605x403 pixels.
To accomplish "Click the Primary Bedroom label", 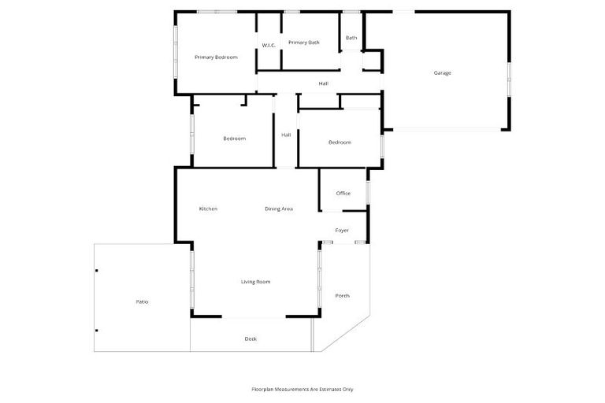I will pyautogui.click(x=216, y=57).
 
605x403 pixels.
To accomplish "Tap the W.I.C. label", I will pyautogui.click(x=269, y=46).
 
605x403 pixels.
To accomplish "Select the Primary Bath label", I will pyautogui.click(x=303, y=43).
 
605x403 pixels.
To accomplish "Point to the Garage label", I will pyautogui.click(x=442, y=73).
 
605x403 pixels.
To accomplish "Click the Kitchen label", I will pyautogui.click(x=208, y=209).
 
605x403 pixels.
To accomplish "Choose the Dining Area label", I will pyautogui.click(x=279, y=209).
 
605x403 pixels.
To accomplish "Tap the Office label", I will pyautogui.click(x=343, y=193).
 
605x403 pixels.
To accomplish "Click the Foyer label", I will pyautogui.click(x=342, y=231).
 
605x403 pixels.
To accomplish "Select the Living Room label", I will pyautogui.click(x=255, y=281).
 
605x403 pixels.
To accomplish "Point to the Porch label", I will pyautogui.click(x=342, y=296).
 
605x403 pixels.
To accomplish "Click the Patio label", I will pyautogui.click(x=142, y=301).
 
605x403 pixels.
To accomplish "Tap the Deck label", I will pyautogui.click(x=251, y=338).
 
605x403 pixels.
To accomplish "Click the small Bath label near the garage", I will pyautogui.click(x=351, y=38).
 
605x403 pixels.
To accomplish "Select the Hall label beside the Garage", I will pyautogui.click(x=323, y=83).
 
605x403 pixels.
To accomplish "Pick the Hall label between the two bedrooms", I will pyautogui.click(x=286, y=135).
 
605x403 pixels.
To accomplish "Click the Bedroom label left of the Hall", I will pyautogui.click(x=234, y=139).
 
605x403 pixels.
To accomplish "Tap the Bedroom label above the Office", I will pyautogui.click(x=340, y=142).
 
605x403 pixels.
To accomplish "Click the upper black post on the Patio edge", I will pyautogui.click(x=97, y=272).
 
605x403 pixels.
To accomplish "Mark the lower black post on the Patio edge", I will pyautogui.click(x=97, y=331).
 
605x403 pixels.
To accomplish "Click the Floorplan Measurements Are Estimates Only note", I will pyautogui.click(x=302, y=389).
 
